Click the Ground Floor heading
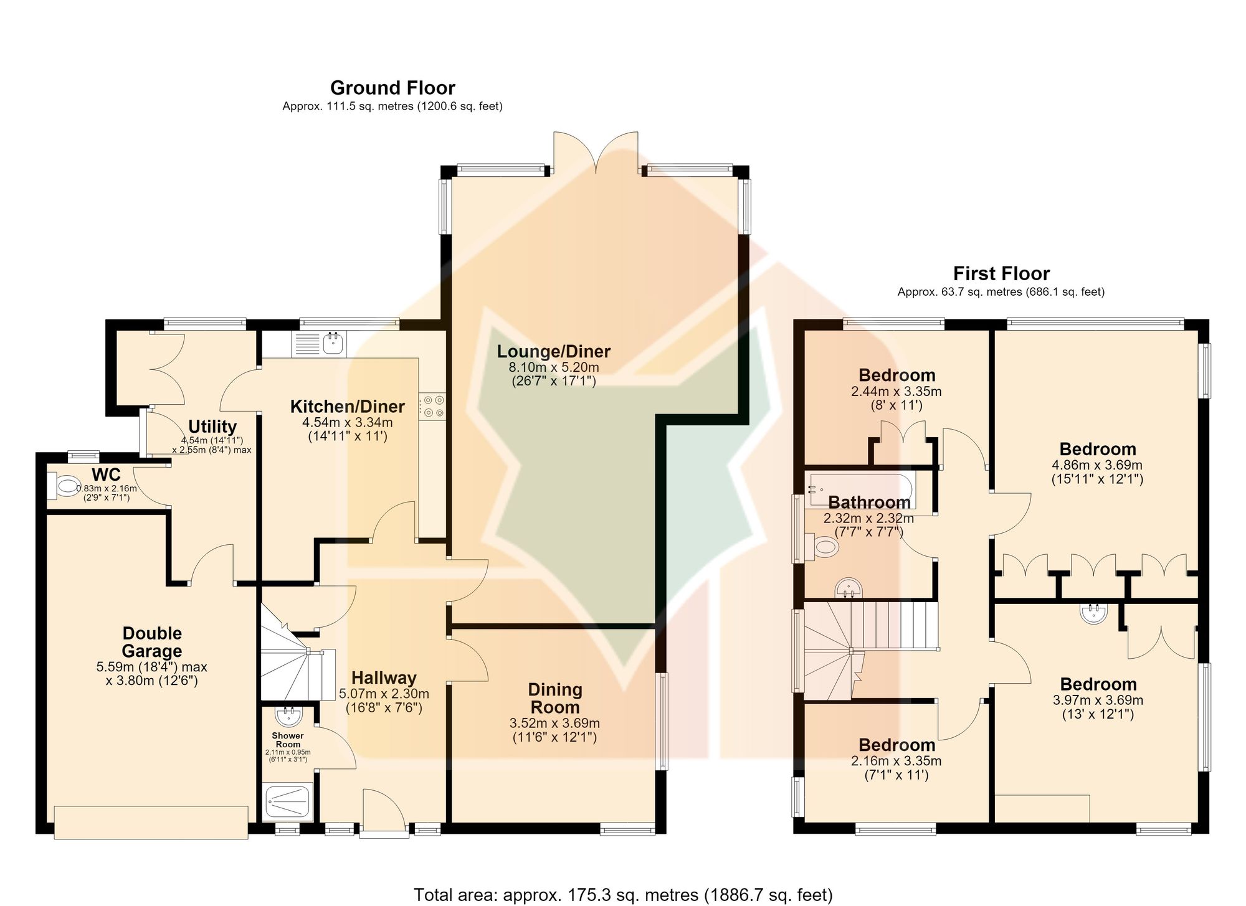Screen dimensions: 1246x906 [392, 88]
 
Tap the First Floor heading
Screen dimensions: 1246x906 [1001, 273]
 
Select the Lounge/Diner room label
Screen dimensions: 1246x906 [553, 351]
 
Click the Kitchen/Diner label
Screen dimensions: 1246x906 [348, 407]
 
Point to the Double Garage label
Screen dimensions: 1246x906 [152, 642]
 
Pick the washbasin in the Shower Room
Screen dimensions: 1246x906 [288, 717]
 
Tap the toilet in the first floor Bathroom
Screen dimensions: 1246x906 [822, 547]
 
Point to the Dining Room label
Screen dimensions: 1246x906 [554, 699]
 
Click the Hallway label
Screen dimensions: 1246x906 [384, 678]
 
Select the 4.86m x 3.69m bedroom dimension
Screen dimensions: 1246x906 [1097, 465]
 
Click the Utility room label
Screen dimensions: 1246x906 [212, 427]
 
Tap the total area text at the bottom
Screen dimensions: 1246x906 [623, 895]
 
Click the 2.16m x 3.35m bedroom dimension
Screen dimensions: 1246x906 [896, 761]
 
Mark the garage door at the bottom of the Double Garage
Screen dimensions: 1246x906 [151, 822]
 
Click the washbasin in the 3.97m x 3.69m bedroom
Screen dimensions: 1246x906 [1093, 613]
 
